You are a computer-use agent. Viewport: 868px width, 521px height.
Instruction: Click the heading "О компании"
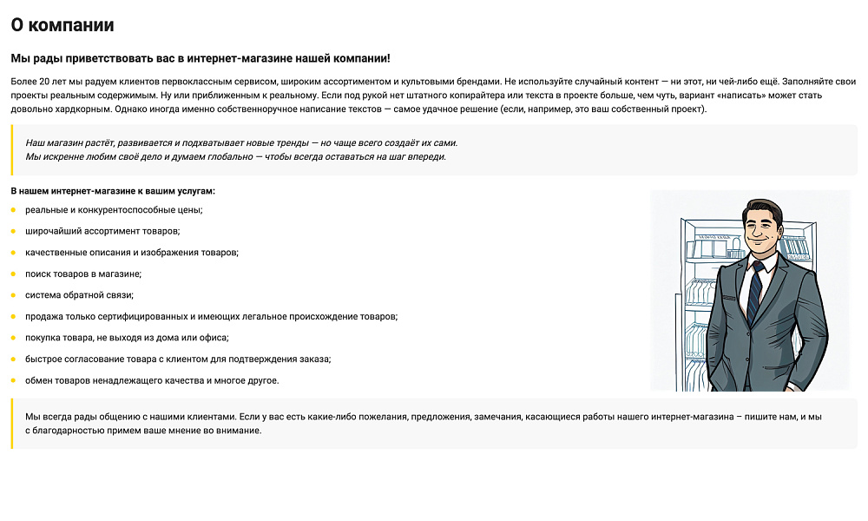tap(62, 25)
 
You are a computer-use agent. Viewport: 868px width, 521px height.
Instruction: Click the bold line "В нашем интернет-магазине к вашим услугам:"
tap(113, 190)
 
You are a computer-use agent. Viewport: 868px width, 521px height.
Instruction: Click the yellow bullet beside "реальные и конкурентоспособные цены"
tap(13, 210)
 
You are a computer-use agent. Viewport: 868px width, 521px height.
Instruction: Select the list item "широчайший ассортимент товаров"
tap(102, 231)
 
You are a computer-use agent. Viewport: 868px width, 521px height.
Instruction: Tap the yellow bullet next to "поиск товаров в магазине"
tap(13, 274)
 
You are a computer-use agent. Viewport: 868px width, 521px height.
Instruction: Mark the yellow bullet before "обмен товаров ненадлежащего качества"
tap(13, 380)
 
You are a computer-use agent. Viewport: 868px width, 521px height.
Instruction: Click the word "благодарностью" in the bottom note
tap(67, 430)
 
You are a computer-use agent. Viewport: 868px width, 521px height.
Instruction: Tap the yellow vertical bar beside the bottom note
tap(12, 424)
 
